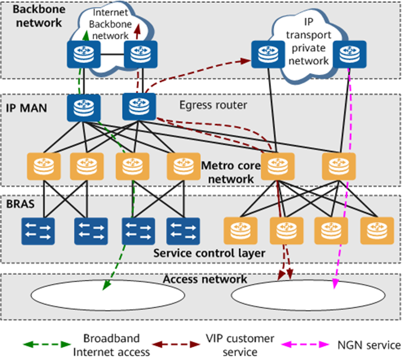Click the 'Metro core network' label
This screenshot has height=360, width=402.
[228, 172]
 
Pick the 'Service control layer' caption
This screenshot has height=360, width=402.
[208, 253]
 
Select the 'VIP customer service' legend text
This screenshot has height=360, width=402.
[240, 344]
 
